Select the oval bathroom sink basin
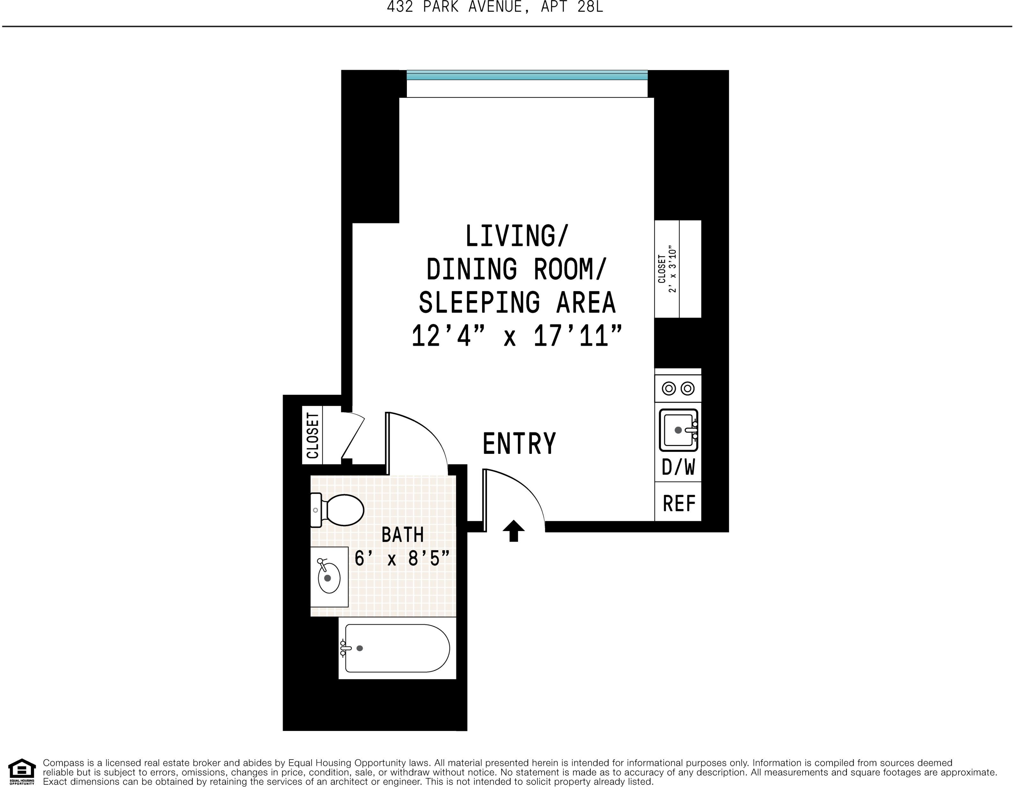tap(329, 578)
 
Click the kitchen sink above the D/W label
tap(678, 430)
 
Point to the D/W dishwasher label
tap(678, 467)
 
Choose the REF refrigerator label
tap(679, 504)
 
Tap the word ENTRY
tap(519, 444)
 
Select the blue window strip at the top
tap(527, 75)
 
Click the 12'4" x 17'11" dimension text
tap(516, 336)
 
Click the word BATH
tap(402, 535)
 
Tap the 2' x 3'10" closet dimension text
tap(672, 269)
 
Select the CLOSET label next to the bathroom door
tap(312, 435)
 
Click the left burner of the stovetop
tap(669, 388)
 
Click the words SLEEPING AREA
tap(517, 302)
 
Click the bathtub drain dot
tap(359, 648)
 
